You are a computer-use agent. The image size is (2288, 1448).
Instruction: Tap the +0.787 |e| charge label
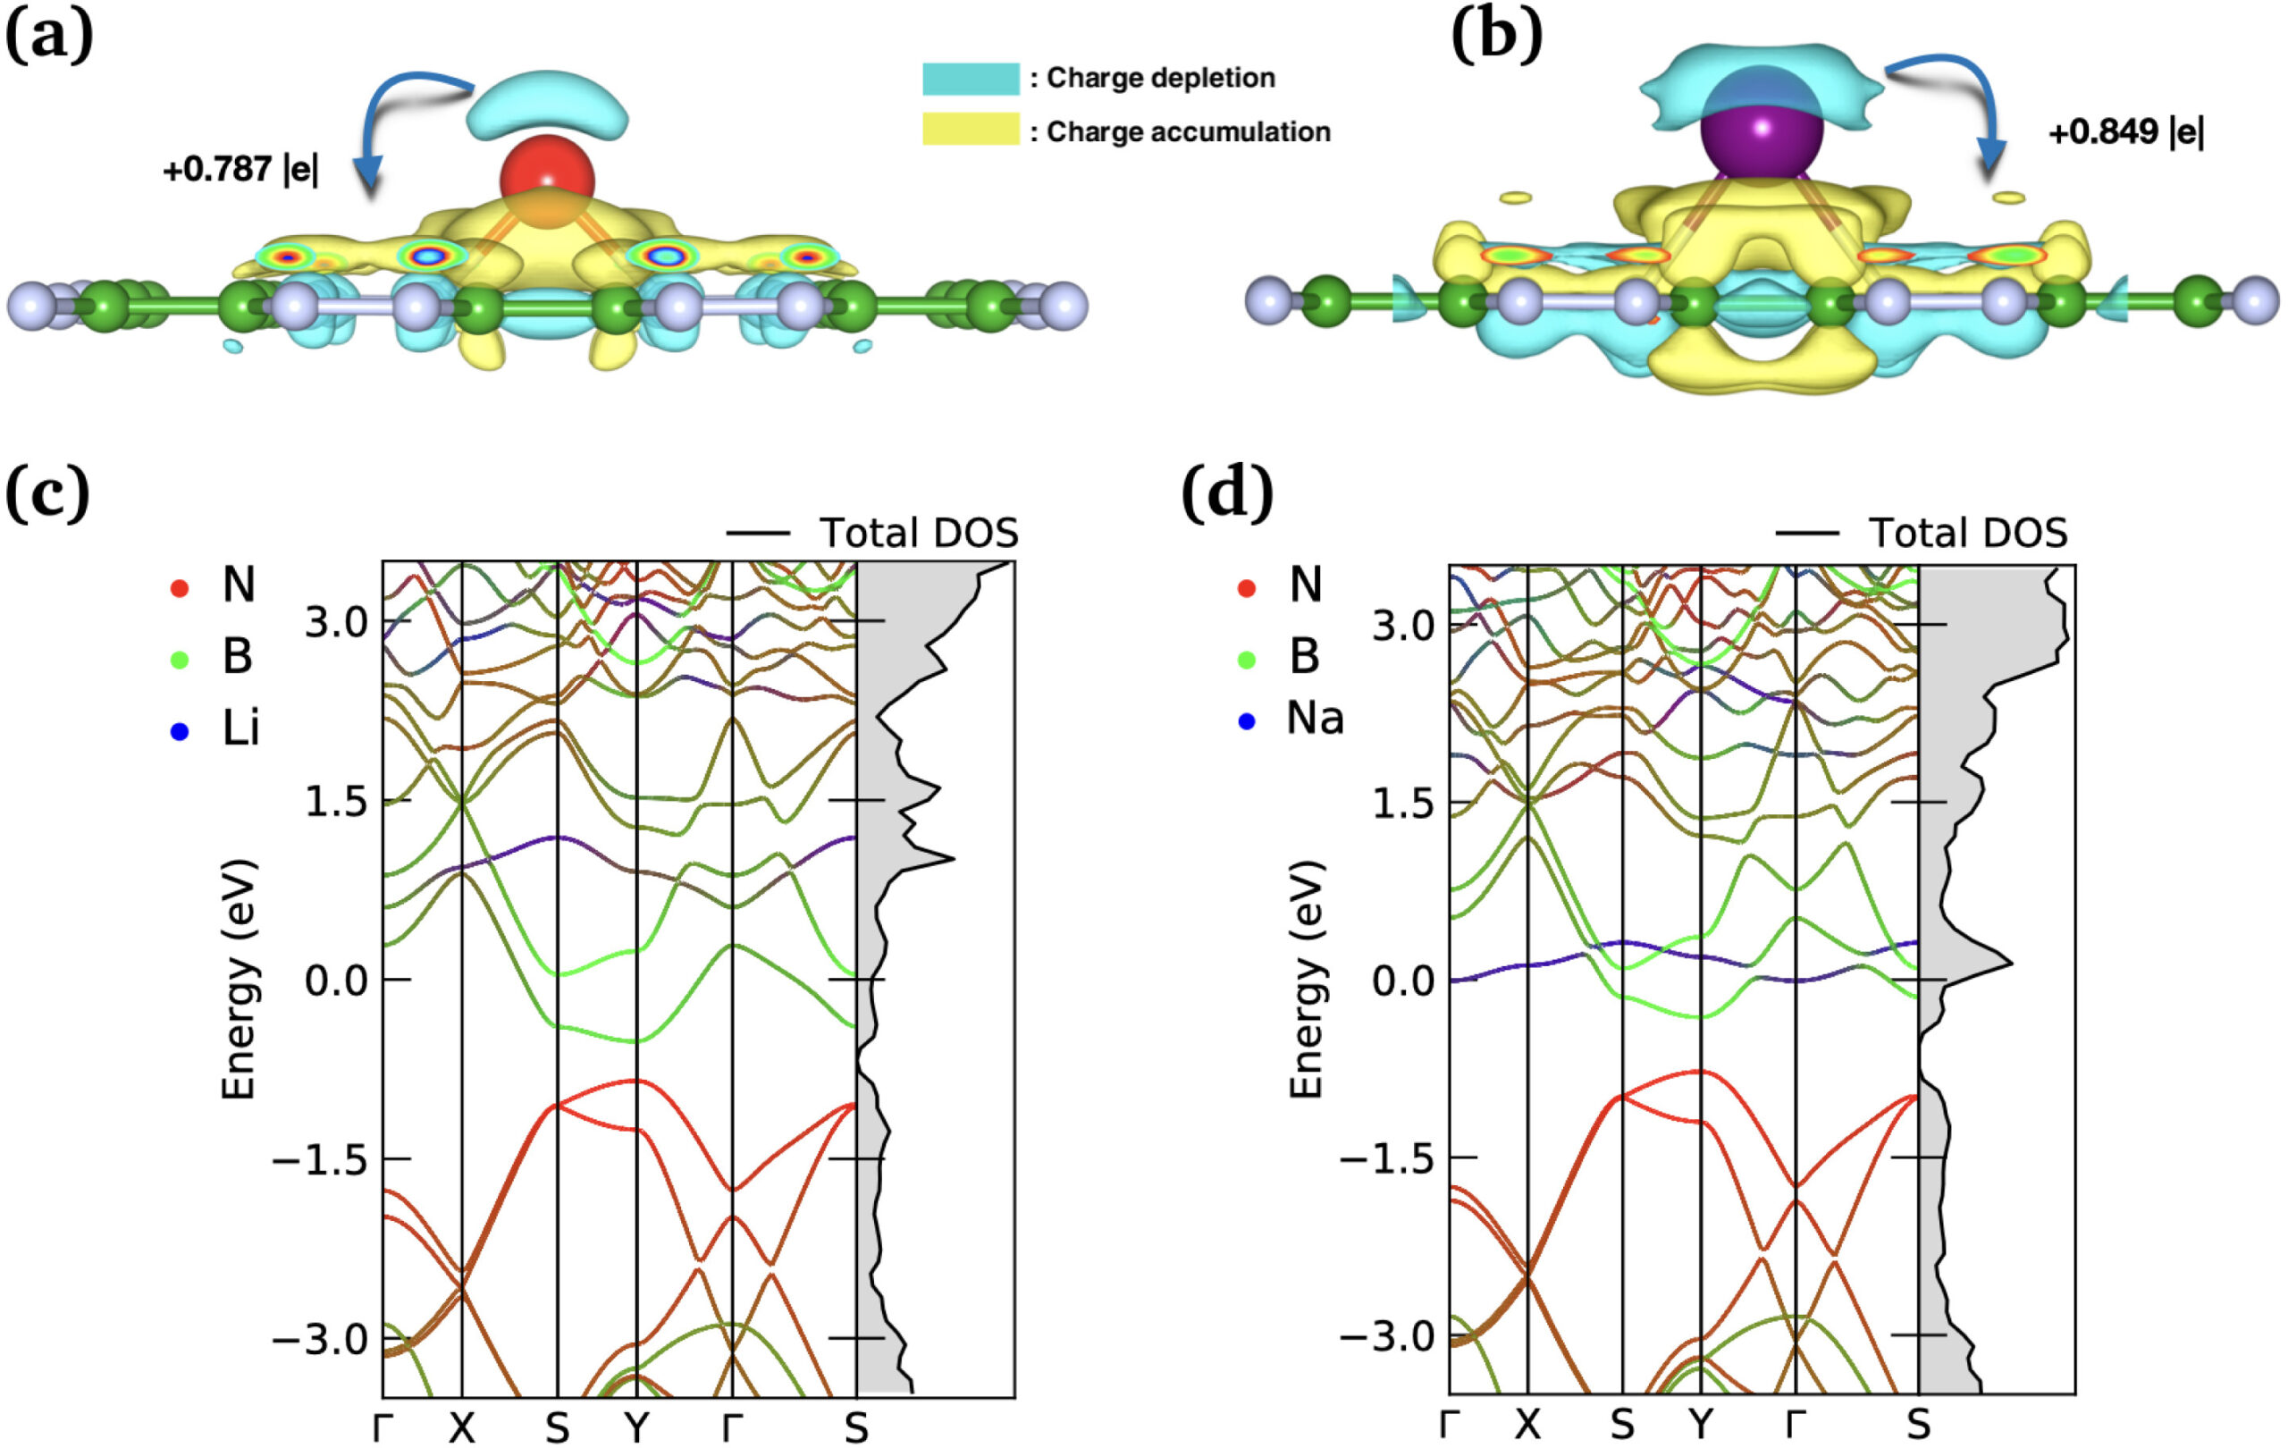[x=240, y=169]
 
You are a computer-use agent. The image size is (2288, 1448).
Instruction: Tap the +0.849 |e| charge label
[x=2125, y=132]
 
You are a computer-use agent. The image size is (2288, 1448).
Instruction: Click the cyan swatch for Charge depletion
[x=970, y=78]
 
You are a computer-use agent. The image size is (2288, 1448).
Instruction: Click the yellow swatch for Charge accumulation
[x=970, y=130]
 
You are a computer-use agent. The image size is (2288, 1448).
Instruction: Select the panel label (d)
[x=1226, y=493]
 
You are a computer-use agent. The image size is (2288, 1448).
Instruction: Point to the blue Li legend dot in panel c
[x=179, y=730]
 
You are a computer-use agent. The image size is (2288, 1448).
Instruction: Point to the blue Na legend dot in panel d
[x=1246, y=721]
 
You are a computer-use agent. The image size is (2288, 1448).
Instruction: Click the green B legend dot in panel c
[x=179, y=659]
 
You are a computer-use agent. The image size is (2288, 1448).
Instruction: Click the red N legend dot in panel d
[x=1246, y=588]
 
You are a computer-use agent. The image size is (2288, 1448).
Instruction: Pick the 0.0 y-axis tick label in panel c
[x=336, y=981]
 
